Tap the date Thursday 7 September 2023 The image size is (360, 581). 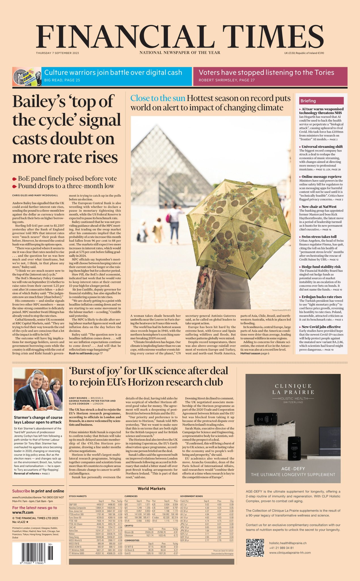pyautogui.click(x=57, y=53)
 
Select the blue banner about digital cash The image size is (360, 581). pyautogui.click(x=116, y=76)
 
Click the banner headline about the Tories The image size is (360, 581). pyautogui.click(x=266, y=73)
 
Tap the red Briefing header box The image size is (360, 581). pyautogui.click(x=321, y=101)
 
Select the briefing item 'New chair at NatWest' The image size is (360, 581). pyautogui.click(x=319, y=207)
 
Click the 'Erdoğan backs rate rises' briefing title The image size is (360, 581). pyautogui.click(x=321, y=297)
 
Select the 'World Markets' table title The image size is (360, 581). pyautogui.click(x=151, y=489)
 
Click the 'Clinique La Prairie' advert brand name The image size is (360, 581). pyautogui.click(x=293, y=389)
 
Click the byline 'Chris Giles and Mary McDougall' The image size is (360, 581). pyautogui.click(x=35, y=195)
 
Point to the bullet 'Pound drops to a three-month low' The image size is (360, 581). pyautogui.click(x=66, y=186)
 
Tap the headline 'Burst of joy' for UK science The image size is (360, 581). pyautogui.click(x=148, y=376)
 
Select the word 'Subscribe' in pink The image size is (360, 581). pyautogui.click(x=21, y=491)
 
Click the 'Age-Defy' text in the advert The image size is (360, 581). pyautogui.click(x=293, y=469)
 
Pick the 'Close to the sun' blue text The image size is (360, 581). pyautogui.click(x=157, y=98)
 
